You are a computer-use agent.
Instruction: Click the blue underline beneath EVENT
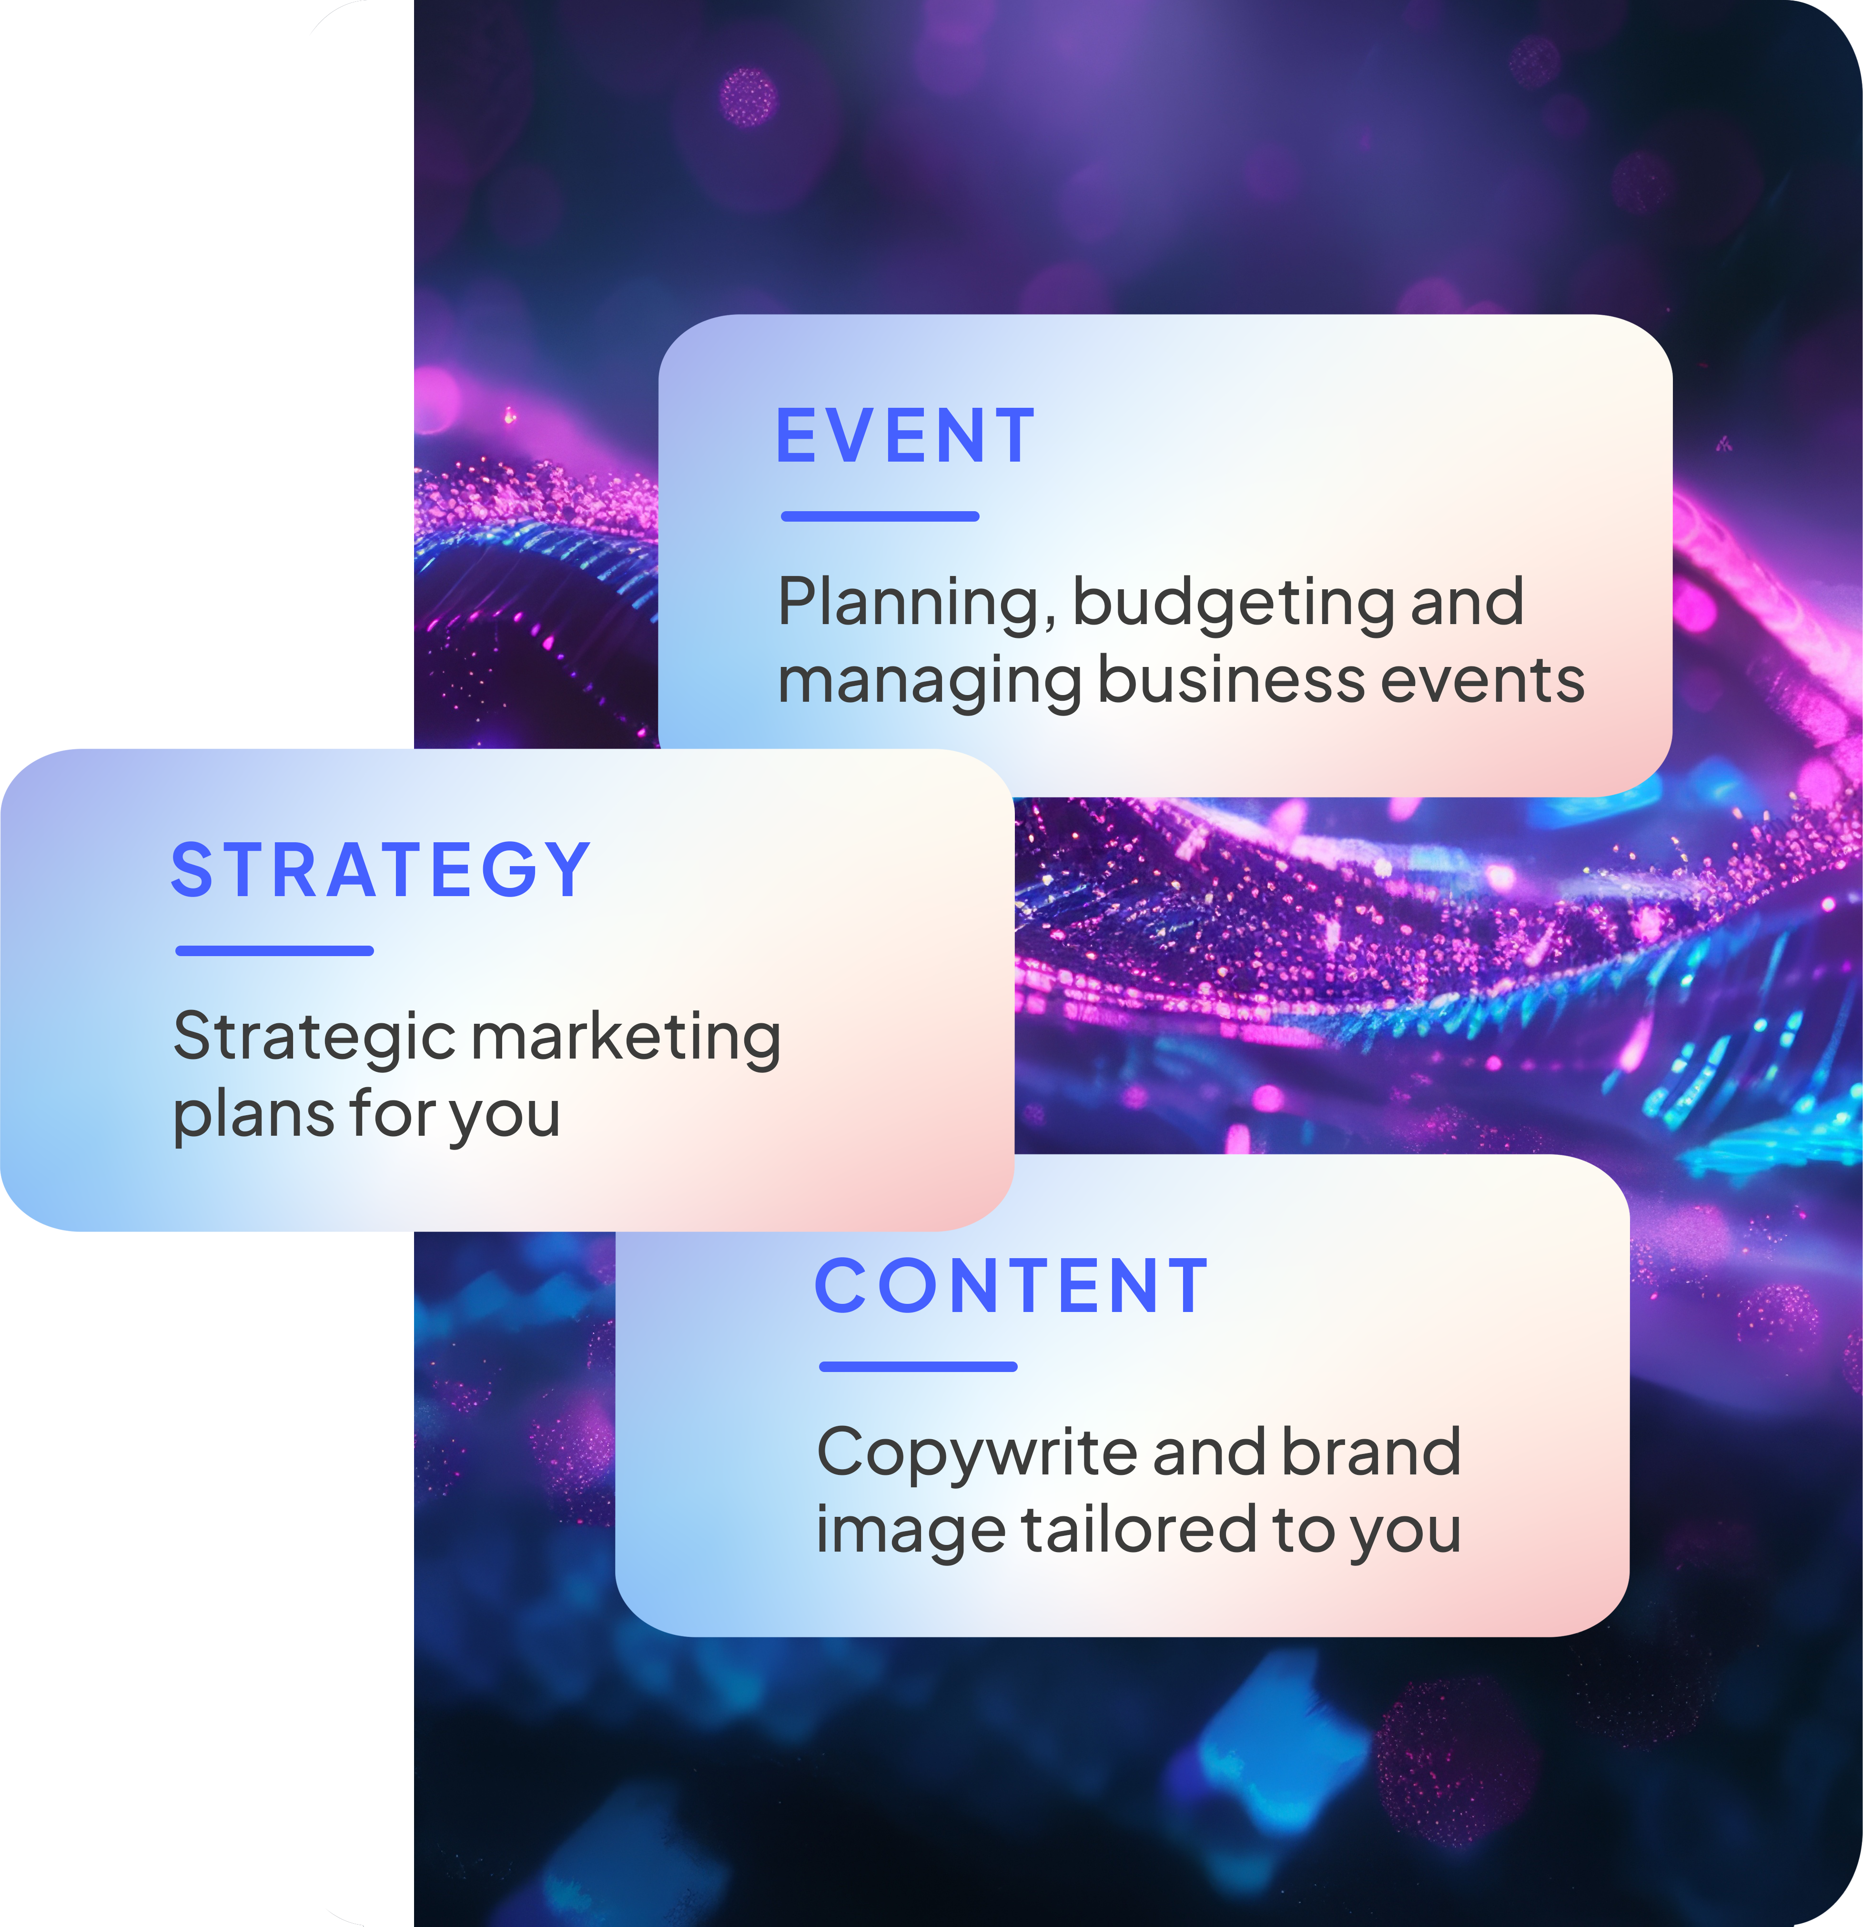pyautogui.click(x=880, y=516)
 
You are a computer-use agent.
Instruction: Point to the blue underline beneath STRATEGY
pyautogui.click(x=274, y=951)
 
